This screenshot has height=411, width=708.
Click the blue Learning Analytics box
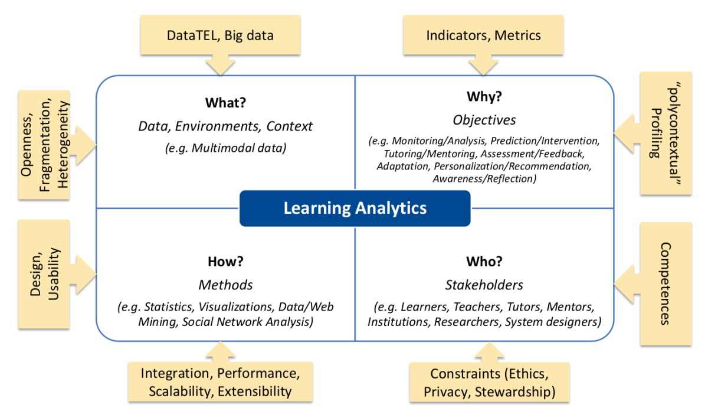click(x=355, y=208)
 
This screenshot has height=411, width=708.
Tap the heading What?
click(x=225, y=103)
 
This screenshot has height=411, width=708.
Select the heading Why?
click(x=484, y=96)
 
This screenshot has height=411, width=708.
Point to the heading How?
click(x=225, y=262)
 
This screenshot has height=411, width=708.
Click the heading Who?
click(x=484, y=262)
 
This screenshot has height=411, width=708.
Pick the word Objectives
click(x=484, y=120)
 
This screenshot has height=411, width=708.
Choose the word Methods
click(x=225, y=285)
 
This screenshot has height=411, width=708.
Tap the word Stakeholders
click(x=484, y=285)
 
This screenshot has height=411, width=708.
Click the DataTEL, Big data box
click(x=220, y=35)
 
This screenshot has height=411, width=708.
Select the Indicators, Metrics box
click(x=483, y=35)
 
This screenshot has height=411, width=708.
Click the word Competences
click(x=666, y=284)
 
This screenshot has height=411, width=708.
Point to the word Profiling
click(x=656, y=133)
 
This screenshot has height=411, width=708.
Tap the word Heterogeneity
click(x=63, y=145)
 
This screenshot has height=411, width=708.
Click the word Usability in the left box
click(x=54, y=274)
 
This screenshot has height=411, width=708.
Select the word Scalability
click(x=180, y=392)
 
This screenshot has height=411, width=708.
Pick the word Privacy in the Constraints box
click(x=445, y=392)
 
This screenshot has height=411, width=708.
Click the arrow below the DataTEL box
click(x=220, y=65)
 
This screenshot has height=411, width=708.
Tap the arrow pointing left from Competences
click(x=627, y=284)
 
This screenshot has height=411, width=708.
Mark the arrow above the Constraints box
click(x=489, y=352)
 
